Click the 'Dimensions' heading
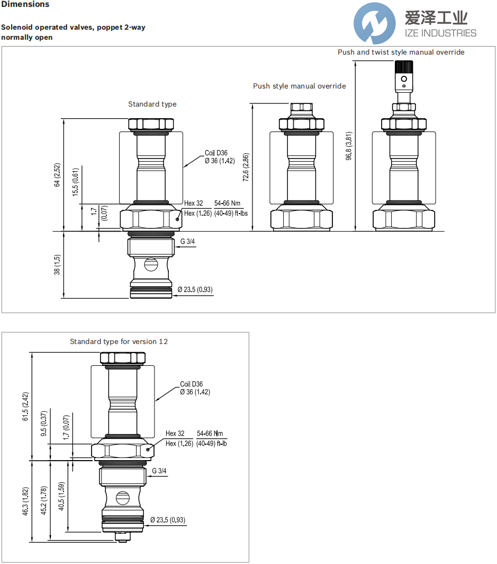pyautogui.click(x=25, y=4)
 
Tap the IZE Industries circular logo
pyautogui.click(x=375, y=23)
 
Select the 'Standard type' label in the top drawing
pyautogui.click(x=152, y=104)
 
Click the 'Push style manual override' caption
pyautogui.click(x=299, y=86)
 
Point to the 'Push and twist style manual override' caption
pyautogui.click(x=401, y=52)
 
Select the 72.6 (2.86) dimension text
pyautogui.click(x=246, y=168)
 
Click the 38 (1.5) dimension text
pyautogui.click(x=58, y=265)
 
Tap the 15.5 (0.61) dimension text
pyautogui.click(x=76, y=182)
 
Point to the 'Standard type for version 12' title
pyautogui.click(x=119, y=341)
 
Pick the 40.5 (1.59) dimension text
pyautogui.click(x=62, y=496)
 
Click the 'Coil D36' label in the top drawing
pyautogui.click(x=216, y=153)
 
